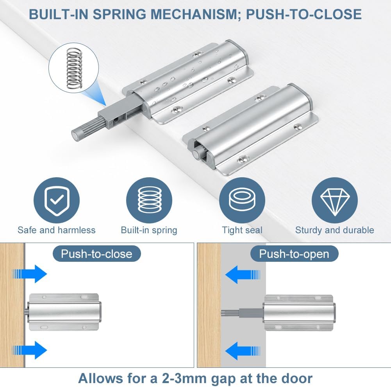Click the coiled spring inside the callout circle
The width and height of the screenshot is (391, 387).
[x=74, y=68]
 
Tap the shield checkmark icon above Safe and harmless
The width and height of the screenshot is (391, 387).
[x=57, y=200]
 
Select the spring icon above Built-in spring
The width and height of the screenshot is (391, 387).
[x=149, y=200]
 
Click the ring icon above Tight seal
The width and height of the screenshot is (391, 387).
[x=242, y=200]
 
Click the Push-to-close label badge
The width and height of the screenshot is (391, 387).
[x=97, y=254]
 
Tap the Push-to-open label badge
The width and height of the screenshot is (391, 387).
[x=294, y=254]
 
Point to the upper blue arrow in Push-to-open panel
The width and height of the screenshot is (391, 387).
[x=243, y=275]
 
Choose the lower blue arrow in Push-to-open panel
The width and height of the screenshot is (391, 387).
[x=243, y=351]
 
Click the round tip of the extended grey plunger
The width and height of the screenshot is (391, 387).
[x=75, y=135]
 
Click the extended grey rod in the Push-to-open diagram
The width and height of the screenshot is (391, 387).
[x=242, y=313]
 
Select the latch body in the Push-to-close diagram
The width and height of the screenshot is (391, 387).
[x=64, y=312]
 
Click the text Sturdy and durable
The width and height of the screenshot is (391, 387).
[x=335, y=230]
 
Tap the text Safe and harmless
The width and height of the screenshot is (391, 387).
[x=57, y=230]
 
